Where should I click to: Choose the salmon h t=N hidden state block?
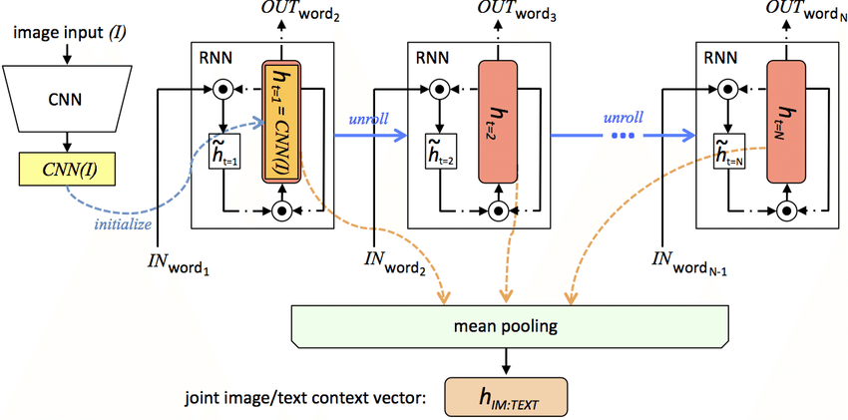(x=787, y=122)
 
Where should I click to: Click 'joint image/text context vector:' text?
(x=305, y=398)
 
